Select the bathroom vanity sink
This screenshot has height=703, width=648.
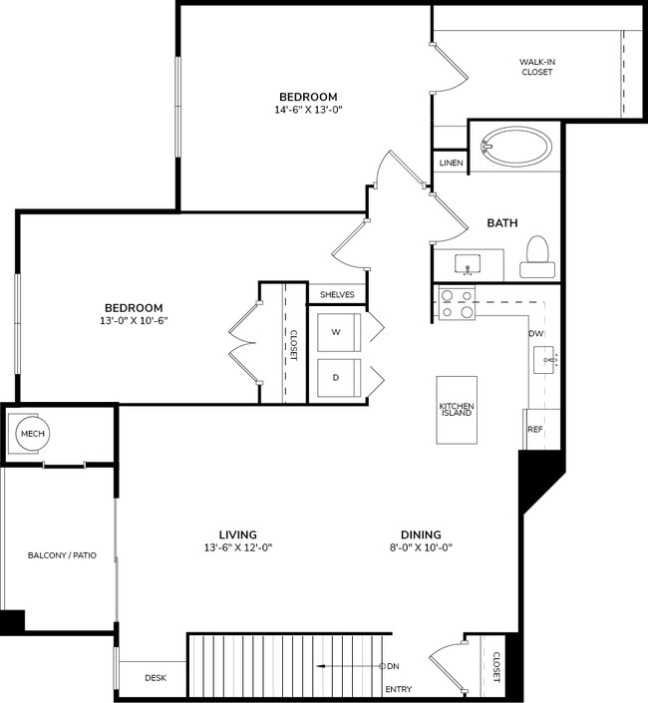pos(469,264)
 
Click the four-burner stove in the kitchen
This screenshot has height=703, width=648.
pos(456,303)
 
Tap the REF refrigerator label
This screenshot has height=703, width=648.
pos(534,429)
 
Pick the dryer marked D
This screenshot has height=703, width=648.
pos(336,378)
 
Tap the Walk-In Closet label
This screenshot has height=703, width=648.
pos(536,67)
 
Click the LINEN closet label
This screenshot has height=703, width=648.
pos(451,163)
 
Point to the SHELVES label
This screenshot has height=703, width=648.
pos(337,294)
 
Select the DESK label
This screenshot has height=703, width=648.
pos(155,678)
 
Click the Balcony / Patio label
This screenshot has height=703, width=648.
pos(62,554)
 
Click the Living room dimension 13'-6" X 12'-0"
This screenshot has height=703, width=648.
pos(238,547)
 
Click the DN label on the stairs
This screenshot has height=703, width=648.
pos(394,666)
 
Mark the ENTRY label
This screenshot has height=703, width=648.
pos(398,689)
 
